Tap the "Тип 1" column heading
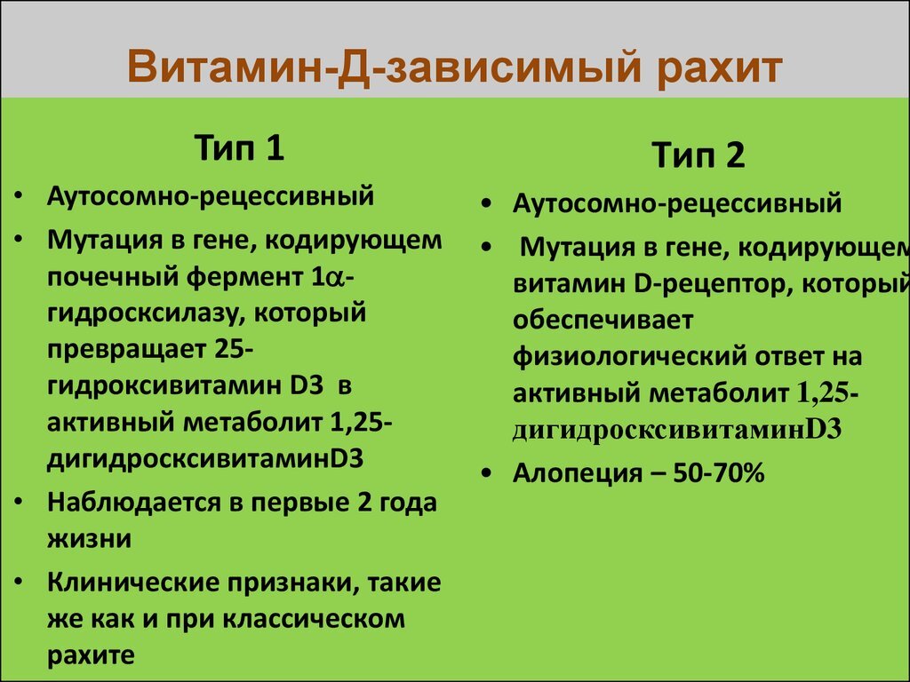click(239, 147)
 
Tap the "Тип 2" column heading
click(700, 156)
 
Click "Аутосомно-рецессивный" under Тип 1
click(211, 195)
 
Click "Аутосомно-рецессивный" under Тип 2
click(677, 203)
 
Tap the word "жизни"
click(89, 538)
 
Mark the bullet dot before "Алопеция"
click(485, 475)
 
